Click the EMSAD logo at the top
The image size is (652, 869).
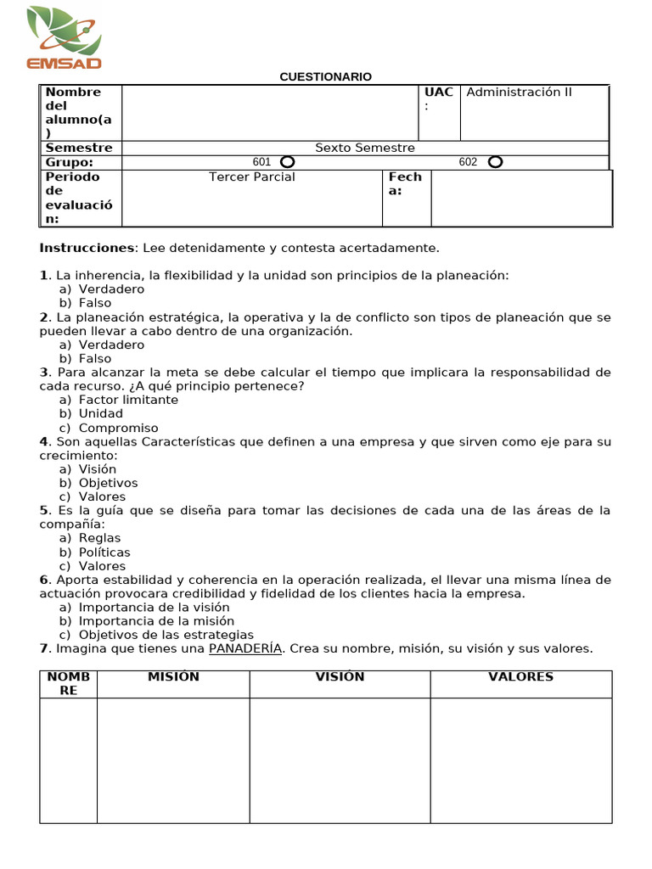click(x=64, y=37)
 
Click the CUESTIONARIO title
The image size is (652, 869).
click(x=326, y=77)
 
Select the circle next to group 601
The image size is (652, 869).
click(x=287, y=162)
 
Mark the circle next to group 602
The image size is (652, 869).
click(x=495, y=162)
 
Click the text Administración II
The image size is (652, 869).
click(x=520, y=93)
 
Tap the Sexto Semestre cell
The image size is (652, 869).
click(x=365, y=148)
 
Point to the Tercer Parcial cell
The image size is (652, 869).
click(x=252, y=177)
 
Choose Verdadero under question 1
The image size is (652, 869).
click(x=111, y=289)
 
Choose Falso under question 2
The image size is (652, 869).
click(x=95, y=359)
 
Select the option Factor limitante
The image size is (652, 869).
click(x=128, y=400)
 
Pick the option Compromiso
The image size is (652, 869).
click(x=118, y=428)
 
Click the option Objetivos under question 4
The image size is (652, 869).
click(x=108, y=483)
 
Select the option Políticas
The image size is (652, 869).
click(x=104, y=552)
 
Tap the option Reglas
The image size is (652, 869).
click(x=99, y=538)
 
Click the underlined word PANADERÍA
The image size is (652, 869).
click(x=245, y=649)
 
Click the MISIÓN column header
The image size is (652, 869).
click(x=173, y=676)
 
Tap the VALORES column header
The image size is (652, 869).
click(x=520, y=676)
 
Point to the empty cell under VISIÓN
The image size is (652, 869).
click(x=340, y=760)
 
